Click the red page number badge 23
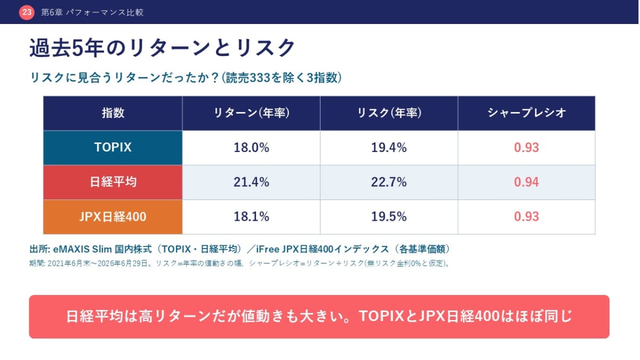[x=27, y=12]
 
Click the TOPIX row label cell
[x=113, y=148]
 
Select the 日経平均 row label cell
[x=113, y=182]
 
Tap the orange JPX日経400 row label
[x=113, y=217]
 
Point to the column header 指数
[x=113, y=113]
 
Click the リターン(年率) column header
[x=251, y=113]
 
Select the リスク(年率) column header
[x=389, y=113]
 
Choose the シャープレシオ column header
[x=526, y=113]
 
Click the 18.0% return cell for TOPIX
[x=251, y=148]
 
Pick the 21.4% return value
[x=251, y=182]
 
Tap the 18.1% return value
[x=251, y=217]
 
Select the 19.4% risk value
[x=389, y=148]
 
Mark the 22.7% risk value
[x=389, y=182]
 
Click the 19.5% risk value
[x=389, y=217]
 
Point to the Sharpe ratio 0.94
[x=526, y=182]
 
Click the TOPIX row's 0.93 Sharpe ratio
[x=526, y=148]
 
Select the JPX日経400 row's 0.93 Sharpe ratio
[x=526, y=217]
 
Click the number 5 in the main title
[x=77, y=48]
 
